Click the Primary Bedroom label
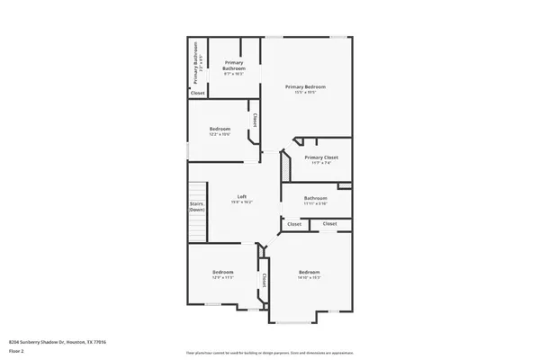[x=305, y=86]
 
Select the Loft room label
[x=242, y=196]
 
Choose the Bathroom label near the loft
[x=315, y=198]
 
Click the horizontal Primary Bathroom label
[x=235, y=66]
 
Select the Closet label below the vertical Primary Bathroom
[x=197, y=93]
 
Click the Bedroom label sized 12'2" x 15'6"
[x=220, y=129]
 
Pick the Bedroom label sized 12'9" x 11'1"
[x=223, y=272]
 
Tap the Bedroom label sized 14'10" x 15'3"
[x=309, y=272]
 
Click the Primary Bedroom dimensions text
[x=305, y=92]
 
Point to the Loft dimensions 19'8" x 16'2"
[x=242, y=202]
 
